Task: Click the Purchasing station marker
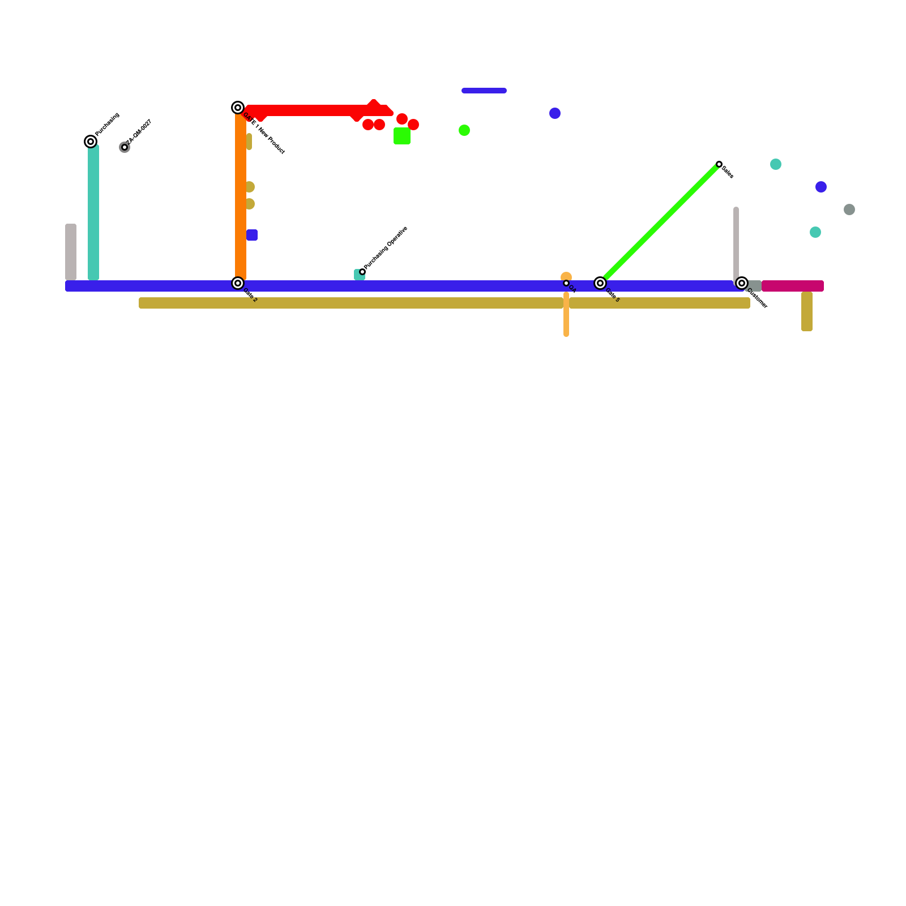[91, 142]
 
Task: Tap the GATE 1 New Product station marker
[238, 108]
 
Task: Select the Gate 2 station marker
[238, 283]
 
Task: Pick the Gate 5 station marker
[600, 283]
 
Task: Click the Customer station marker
[742, 283]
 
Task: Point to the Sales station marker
[719, 164]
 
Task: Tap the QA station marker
[566, 283]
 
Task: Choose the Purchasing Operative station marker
[362, 272]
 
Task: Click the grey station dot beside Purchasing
[125, 147]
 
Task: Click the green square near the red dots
[402, 136]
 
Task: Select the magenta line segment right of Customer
[793, 286]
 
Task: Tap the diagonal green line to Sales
[660, 224]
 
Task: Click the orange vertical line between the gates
[241, 198]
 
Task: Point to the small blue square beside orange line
[252, 235]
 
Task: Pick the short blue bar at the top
[484, 91]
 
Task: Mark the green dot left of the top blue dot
[464, 130]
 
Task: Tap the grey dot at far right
[849, 210]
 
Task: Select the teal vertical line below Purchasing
[93, 212]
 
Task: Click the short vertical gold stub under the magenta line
[807, 311]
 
